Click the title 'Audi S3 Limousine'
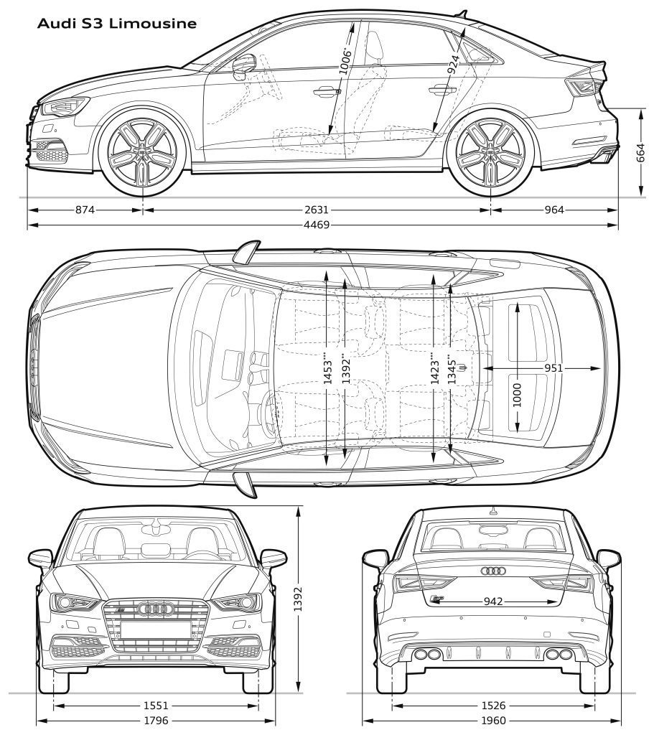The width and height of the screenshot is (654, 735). pos(117,24)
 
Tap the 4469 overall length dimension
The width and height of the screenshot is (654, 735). pos(317,225)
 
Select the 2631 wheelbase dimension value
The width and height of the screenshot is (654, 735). pos(317,210)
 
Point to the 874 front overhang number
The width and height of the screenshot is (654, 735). pos(85,210)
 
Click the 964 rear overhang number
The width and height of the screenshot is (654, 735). pos(554,210)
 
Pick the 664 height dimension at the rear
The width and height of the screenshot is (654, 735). pos(641,153)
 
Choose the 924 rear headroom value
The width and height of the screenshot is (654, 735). pos(453,65)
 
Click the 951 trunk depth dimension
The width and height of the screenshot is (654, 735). pos(553,368)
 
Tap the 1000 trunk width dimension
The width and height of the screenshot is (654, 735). pos(517,396)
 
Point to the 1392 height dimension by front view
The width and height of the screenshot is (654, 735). pos(298,599)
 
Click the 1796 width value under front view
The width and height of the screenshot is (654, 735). pos(156,721)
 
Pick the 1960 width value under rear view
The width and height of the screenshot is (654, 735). pos(493,721)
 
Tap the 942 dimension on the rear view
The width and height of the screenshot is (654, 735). pos(493,601)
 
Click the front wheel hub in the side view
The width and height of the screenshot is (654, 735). pos(142,151)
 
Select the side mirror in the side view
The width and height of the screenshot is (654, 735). pos(244,65)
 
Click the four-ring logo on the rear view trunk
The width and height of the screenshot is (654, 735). pos(493,571)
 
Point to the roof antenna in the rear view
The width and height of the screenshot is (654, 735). pos(492,511)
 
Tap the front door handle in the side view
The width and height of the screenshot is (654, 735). pos(327,91)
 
